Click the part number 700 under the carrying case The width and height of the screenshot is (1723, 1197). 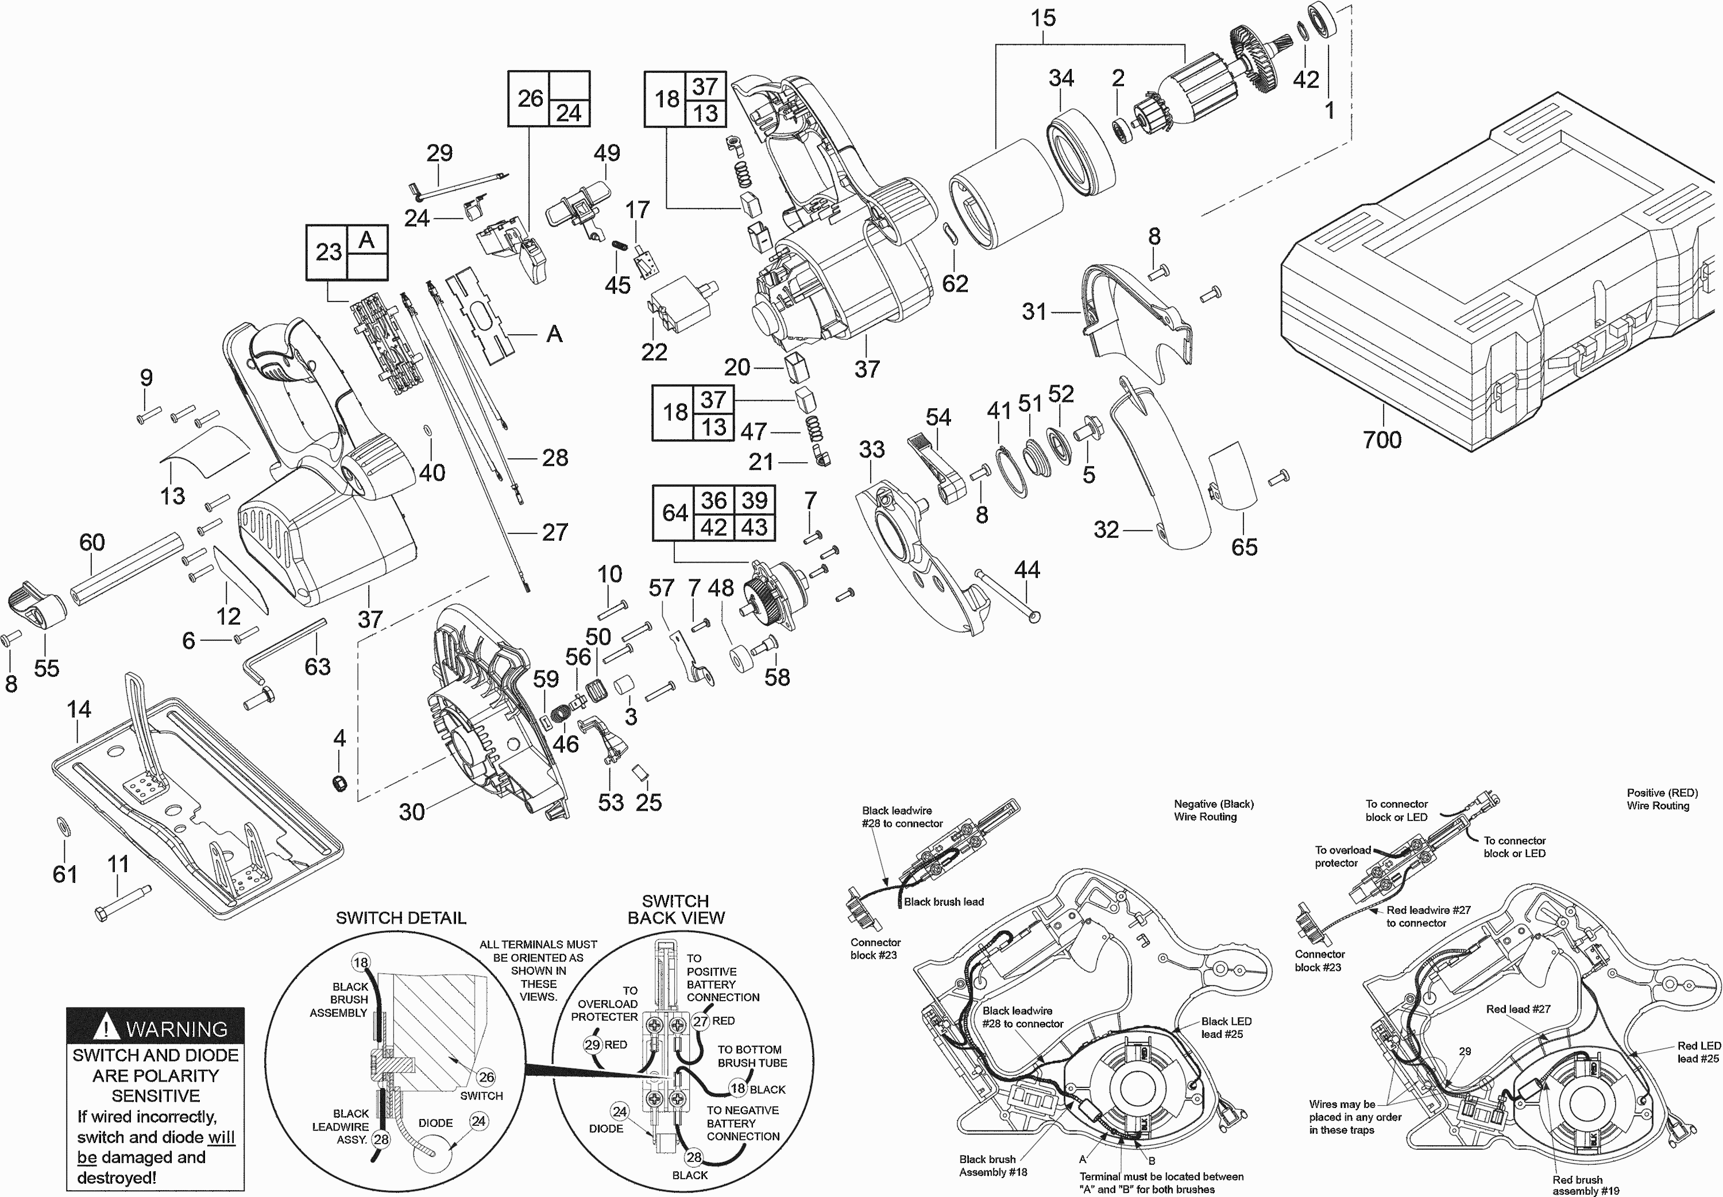tap(1382, 440)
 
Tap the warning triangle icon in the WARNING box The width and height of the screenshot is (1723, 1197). tap(110, 1028)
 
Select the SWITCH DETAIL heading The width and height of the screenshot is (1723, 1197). tap(400, 918)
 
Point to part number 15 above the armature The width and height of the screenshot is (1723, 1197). tap(1042, 18)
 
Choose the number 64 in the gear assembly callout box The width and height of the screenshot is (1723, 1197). tap(674, 513)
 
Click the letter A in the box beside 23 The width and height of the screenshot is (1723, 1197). tap(366, 240)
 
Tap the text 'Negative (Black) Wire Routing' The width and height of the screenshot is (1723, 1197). tap(1213, 810)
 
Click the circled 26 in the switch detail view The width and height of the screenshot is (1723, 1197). tap(486, 1077)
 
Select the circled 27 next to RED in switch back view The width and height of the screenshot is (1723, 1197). tap(701, 1021)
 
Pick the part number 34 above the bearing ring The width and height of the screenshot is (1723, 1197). tap(1061, 78)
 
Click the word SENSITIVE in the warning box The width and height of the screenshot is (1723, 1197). tap(155, 1096)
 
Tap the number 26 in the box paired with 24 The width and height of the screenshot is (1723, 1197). tap(530, 98)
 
